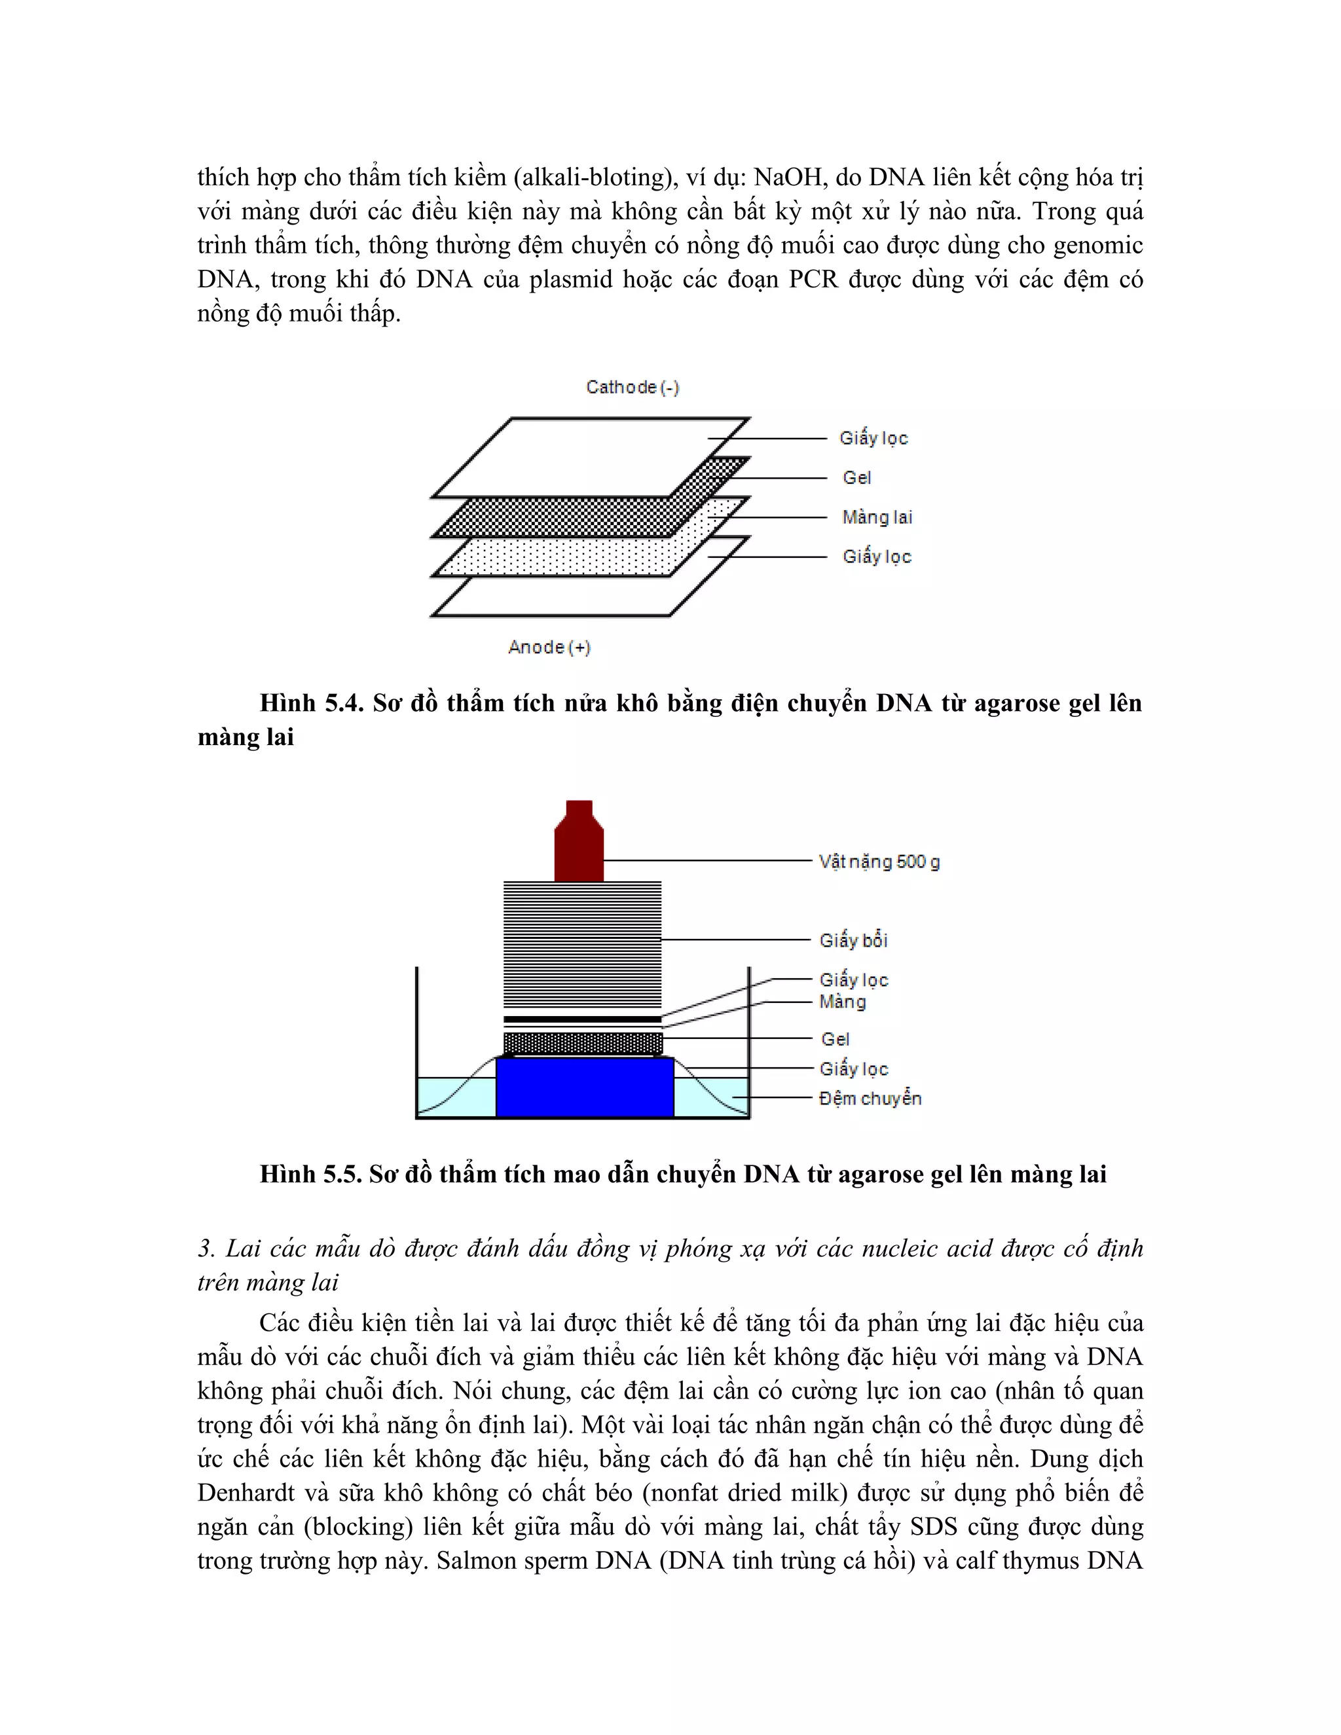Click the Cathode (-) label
(x=633, y=388)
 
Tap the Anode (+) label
(x=549, y=648)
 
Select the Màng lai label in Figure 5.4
(x=877, y=518)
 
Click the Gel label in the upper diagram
(x=856, y=478)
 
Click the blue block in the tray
(x=585, y=1087)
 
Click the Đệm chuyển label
(x=870, y=1099)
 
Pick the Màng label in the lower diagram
(x=842, y=1002)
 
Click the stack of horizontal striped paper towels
(x=582, y=945)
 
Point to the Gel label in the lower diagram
(x=835, y=1039)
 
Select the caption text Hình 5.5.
(x=310, y=1174)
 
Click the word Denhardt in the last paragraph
(x=247, y=1493)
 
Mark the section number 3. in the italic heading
(x=206, y=1249)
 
